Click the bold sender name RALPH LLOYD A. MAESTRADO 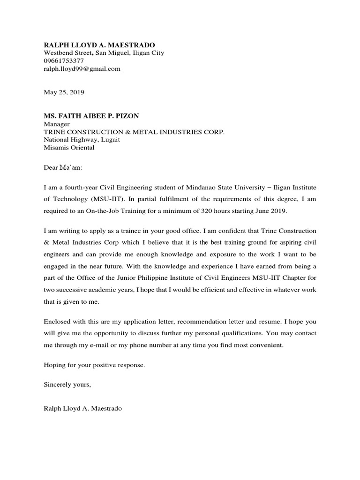point(99,45)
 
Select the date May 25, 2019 point(64,93)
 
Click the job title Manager point(57,124)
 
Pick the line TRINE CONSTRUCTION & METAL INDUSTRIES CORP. point(134,132)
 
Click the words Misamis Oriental point(69,148)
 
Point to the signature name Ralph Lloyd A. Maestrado point(82,409)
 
